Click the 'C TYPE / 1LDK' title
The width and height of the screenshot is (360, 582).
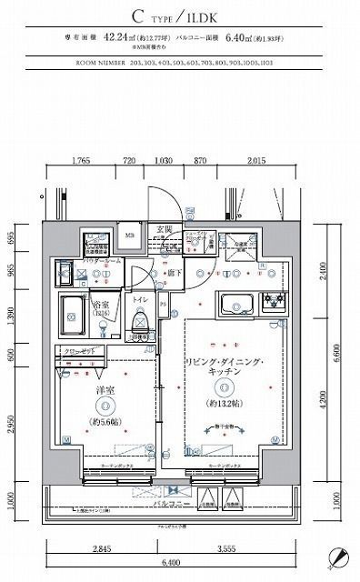[180, 15]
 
